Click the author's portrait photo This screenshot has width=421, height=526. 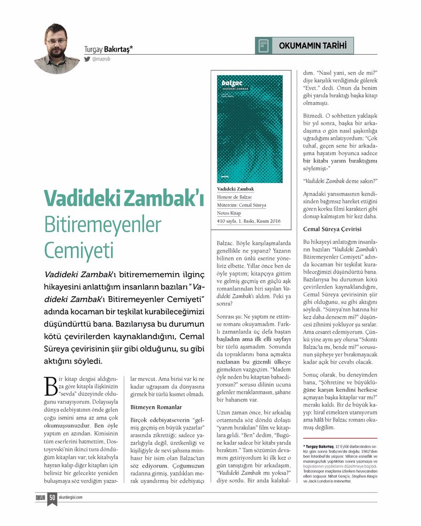[56, 48]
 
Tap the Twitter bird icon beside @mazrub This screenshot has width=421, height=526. [87, 59]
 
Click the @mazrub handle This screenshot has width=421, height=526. [101, 59]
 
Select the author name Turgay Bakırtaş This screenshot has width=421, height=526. [108, 49]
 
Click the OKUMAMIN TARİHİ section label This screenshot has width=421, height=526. [312, 46]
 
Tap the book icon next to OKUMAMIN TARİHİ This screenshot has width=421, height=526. [264, 46]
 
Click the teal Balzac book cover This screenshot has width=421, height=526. [249, 129]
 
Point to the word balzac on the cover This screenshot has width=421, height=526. [232, 83]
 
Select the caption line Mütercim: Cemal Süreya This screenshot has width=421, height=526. [242, 205]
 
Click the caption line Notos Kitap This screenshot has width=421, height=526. [229, 213]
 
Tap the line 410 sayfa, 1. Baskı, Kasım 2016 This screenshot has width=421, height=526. [248, 221]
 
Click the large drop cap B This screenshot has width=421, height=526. [52, 386]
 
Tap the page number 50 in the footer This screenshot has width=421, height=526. [53, 497]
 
